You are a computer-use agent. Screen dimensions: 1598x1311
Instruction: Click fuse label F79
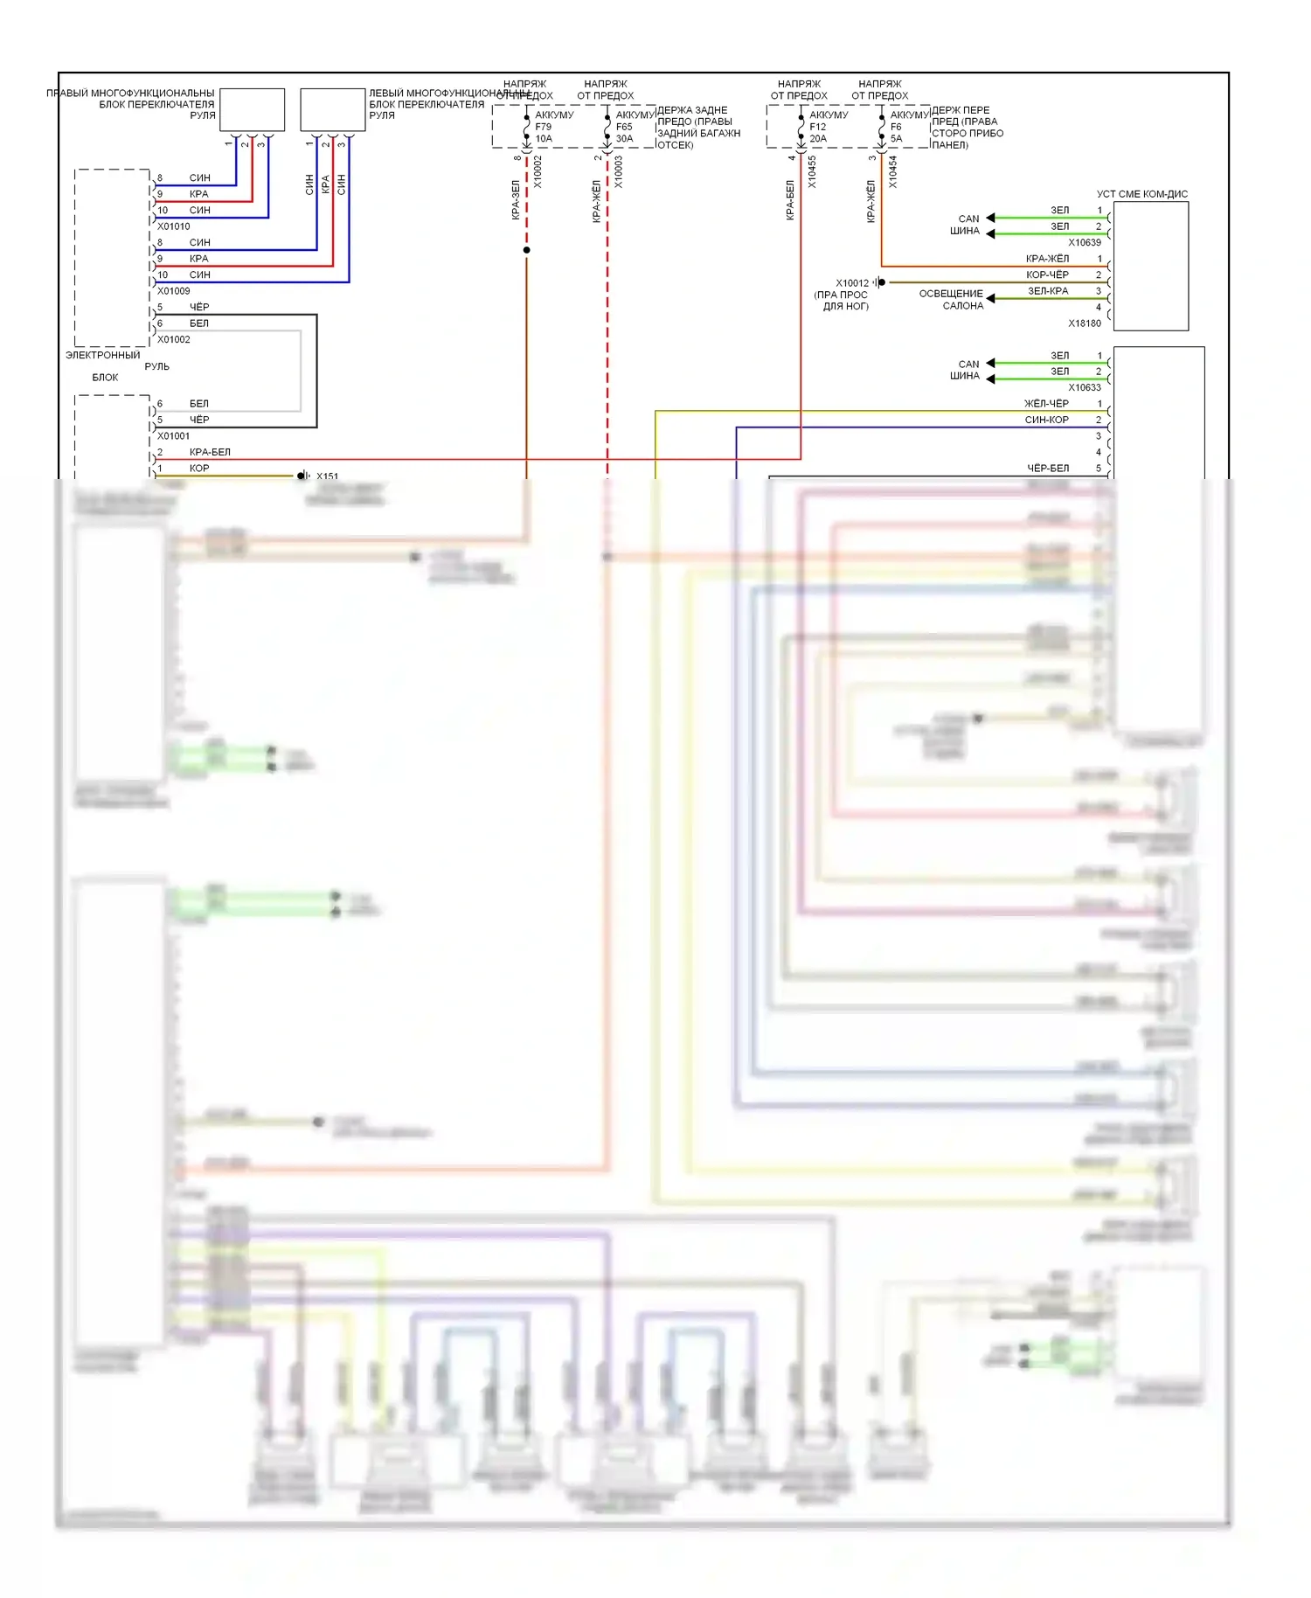(544, 127)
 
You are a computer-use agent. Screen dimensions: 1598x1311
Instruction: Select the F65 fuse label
(624, 127)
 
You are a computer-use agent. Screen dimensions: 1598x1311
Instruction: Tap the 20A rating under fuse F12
(818, 139)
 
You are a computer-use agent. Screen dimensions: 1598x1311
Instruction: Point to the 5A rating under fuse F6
(896, 139)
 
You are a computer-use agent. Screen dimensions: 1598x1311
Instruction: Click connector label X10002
(538, 172)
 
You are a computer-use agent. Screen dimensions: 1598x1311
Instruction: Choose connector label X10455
(812, 172)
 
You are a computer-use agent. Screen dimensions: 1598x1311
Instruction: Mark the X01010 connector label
(174, 226)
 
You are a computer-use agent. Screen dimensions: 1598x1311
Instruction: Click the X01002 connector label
(174, 340)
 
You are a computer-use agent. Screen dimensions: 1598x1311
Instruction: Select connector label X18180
(1085, 323)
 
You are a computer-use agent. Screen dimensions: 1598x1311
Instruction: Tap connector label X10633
(1085, 388)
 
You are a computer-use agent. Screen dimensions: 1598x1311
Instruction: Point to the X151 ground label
(327, 476)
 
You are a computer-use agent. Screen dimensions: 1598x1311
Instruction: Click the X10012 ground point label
(852, 283)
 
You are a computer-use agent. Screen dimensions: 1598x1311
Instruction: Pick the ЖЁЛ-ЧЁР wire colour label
(1046, 404)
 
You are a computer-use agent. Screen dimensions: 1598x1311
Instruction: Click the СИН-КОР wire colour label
(1046, 420)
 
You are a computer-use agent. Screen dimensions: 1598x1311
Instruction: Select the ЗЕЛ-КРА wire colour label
(1047, 291)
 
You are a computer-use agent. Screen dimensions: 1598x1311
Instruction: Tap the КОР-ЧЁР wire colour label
(1047, 275)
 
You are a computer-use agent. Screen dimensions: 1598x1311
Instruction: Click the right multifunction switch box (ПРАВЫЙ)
(252, 109)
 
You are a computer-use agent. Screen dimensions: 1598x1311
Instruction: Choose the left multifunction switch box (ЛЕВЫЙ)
(332, 109)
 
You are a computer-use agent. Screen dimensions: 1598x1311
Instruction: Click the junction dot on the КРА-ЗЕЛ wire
(526, 251)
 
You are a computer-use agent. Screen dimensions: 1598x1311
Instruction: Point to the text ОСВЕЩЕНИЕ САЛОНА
(951, 300)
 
